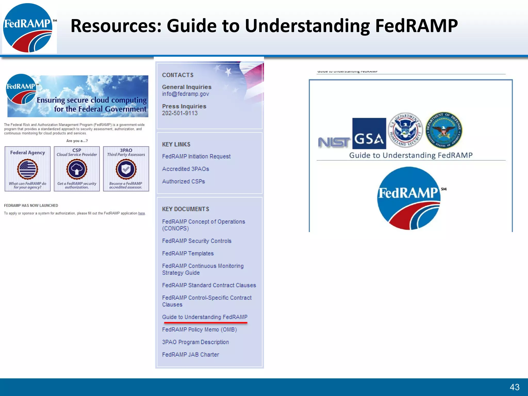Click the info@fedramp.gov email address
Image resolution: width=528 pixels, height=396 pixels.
185,94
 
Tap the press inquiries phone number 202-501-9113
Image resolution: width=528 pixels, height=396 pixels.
180,113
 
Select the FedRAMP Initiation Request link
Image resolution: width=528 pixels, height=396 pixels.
196,156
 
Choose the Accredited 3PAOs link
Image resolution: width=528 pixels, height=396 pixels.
185,169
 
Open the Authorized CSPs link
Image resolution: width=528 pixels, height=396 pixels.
183,181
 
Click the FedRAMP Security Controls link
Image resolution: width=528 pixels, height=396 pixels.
197,241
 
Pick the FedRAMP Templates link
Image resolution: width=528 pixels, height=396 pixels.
188,254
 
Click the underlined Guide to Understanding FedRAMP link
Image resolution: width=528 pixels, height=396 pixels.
205,317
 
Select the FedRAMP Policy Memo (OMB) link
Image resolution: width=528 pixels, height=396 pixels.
199,330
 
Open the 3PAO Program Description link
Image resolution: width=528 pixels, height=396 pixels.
195,342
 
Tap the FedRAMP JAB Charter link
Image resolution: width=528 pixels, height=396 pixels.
191,355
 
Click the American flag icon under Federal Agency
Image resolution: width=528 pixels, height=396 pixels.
28,169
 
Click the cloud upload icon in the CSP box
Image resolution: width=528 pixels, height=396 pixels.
77,169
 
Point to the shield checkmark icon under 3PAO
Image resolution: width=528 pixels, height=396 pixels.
126,169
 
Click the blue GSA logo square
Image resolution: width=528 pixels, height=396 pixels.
369,134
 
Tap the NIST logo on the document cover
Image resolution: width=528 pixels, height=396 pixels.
334,142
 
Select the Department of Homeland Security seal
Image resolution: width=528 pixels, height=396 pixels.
405,130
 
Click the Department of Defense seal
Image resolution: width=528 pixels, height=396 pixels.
444,130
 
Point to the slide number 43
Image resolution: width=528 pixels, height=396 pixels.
514,387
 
